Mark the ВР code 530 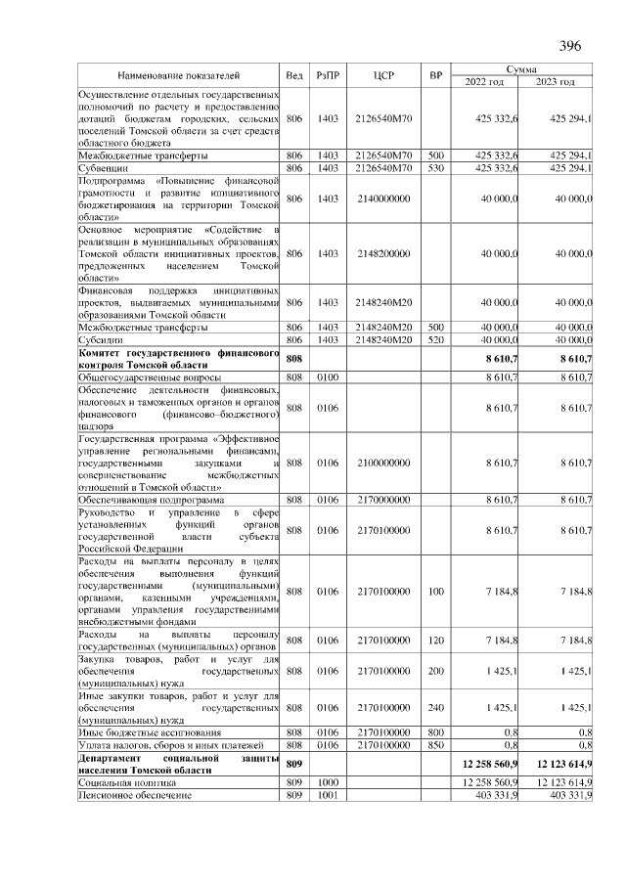pos(436,168)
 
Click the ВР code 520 pos(436,339)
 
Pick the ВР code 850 pos(436,745)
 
